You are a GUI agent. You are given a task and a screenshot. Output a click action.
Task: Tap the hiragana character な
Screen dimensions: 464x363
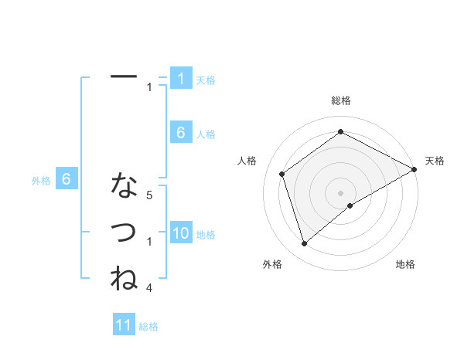tap(124, 185)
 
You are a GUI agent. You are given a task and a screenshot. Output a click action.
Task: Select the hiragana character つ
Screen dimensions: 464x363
tap(124, 232)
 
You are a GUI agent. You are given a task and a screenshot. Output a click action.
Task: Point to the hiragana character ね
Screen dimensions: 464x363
tap(124, 277)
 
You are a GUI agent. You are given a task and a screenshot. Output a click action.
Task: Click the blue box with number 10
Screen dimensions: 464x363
tap(181, 233)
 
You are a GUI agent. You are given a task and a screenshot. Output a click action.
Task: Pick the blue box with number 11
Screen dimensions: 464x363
tap(124, 325)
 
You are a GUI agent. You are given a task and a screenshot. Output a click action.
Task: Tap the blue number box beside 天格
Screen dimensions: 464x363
tap(181, 79)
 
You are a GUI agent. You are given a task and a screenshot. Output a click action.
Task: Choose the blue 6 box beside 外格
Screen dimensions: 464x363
tap(67, 179)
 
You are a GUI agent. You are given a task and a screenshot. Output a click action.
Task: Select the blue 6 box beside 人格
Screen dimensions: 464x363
tap(181, 133)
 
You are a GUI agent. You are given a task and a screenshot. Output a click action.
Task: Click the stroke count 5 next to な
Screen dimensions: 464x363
tap(149, 196)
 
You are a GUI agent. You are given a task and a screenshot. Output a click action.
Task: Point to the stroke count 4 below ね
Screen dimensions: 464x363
tap(149, 288)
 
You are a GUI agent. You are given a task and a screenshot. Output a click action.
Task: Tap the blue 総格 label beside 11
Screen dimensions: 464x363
tap(148, 327)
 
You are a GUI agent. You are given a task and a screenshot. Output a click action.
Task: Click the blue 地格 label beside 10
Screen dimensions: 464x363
tap(206, 235)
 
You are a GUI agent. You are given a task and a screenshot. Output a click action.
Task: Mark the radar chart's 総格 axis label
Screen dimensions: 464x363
tap(341, 100)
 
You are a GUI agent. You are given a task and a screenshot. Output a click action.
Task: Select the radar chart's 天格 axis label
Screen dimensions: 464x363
tap(435, 161)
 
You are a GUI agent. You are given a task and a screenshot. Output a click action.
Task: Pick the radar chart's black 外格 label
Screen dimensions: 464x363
tap(272, 264)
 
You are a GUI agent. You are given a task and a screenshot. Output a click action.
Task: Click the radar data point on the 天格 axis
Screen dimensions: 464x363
tap(415, 169)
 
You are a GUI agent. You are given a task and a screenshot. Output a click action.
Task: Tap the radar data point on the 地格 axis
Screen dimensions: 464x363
tap(350, 205)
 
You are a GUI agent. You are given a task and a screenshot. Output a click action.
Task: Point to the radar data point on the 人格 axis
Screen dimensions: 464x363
tap(282, 174)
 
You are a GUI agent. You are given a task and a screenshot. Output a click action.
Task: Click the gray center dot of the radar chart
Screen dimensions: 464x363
tap(341, 192)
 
